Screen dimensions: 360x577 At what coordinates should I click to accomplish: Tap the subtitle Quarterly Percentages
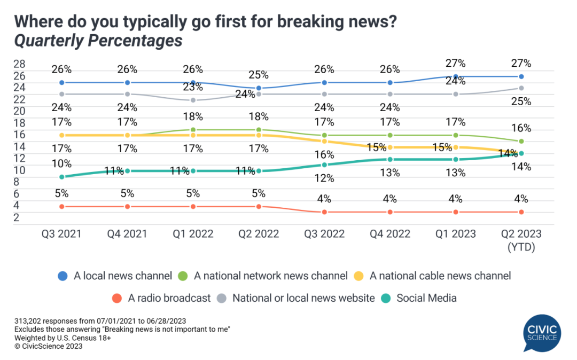[98, 41]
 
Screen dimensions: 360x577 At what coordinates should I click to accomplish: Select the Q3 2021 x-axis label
[62, 234]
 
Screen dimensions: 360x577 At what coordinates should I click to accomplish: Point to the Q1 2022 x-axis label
[193, 234]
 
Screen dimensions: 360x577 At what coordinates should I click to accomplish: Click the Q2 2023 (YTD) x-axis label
[521, 239]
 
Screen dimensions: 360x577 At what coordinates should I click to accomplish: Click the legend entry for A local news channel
[115, 276]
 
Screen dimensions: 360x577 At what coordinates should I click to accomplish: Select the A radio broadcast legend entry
[163, 298]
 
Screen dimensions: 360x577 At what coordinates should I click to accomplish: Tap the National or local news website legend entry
[297, 298]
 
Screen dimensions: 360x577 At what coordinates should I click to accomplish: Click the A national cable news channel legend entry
[433, 276]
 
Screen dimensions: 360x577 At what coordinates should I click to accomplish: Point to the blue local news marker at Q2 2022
[259, 88]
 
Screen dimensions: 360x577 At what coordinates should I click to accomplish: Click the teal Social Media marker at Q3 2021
[62, 177]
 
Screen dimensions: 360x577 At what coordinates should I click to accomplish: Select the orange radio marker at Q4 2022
[390, 212]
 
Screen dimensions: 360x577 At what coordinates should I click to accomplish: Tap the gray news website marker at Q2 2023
[521, 88]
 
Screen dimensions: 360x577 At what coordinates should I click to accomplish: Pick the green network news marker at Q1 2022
[193, 130]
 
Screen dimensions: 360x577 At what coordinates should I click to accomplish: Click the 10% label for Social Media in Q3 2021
[62, 163]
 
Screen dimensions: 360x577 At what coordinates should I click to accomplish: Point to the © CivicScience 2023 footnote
[49, 346]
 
